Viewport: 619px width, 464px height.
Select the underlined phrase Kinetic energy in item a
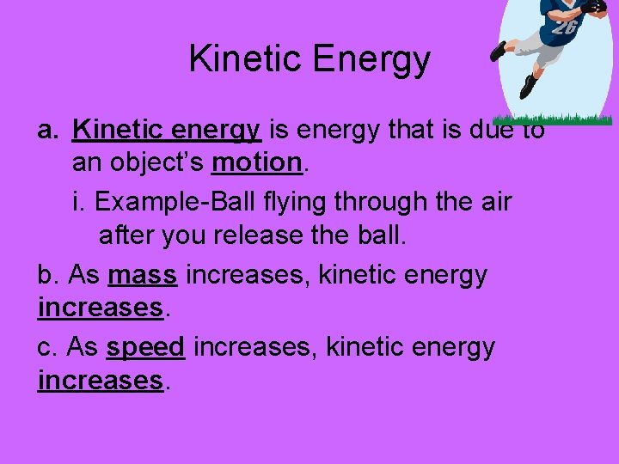pyautogui.click(x=167, y=131)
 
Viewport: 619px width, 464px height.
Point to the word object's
pyautogui.click(x=160, y=162)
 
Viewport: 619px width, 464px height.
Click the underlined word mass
pyautogui.click(x=143, y=275)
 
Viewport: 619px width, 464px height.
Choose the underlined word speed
pyautogui.click(x=146, y=347)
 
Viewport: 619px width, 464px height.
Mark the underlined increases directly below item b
pyautogui.click(x=101, y=307)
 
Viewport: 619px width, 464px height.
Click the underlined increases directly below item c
pyautogui.click(x=101, y=379)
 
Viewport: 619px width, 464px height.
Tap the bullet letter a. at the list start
pyautogui.click(x=47, y=131)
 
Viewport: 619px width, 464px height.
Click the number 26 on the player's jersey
pyautogui.click(x=564, y=27)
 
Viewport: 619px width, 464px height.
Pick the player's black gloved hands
pyautogui.click(x=593, y=7)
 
